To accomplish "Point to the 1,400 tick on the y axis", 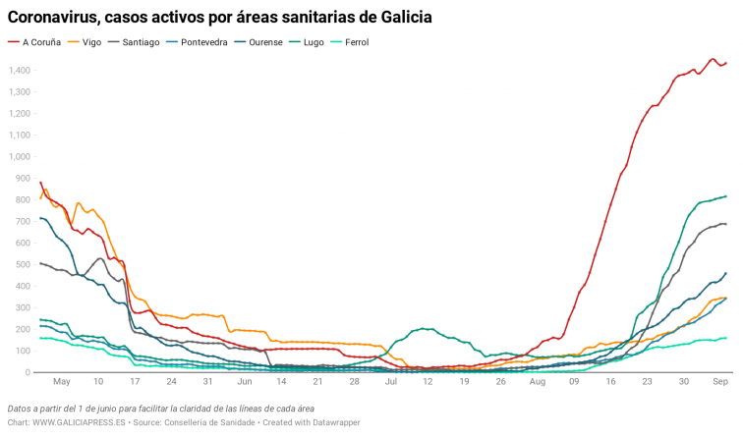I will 20,71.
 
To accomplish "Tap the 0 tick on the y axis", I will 29,372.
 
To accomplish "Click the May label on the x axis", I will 62,381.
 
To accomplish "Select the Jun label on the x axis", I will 245,381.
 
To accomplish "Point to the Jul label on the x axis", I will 391,381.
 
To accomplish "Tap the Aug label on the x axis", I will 538,381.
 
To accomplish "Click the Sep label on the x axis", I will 719,381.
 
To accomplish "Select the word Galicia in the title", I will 402,18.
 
